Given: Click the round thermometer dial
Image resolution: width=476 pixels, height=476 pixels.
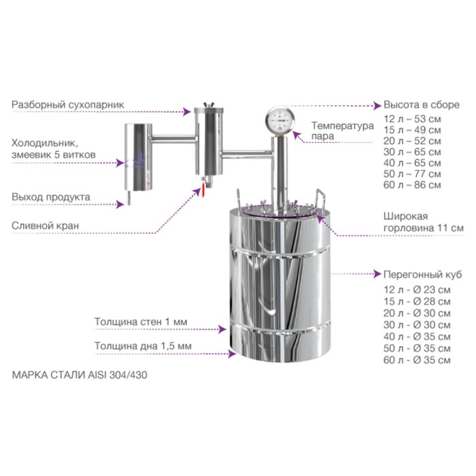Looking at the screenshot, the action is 279,119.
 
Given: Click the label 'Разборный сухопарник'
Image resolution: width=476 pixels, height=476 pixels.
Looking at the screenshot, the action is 68,105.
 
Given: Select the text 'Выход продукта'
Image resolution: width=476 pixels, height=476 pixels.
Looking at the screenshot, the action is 51,197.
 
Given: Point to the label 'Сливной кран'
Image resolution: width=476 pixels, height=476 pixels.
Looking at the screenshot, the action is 46,226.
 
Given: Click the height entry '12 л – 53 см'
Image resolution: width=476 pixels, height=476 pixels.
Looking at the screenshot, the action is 412,119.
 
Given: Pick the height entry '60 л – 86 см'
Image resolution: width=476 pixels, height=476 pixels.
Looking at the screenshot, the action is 412,184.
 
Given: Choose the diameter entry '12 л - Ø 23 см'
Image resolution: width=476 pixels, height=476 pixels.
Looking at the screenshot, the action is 417,290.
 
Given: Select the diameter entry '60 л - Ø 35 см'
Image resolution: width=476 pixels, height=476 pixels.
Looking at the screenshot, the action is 417,360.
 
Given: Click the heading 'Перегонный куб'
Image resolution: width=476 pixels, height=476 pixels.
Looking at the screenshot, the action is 422,275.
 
